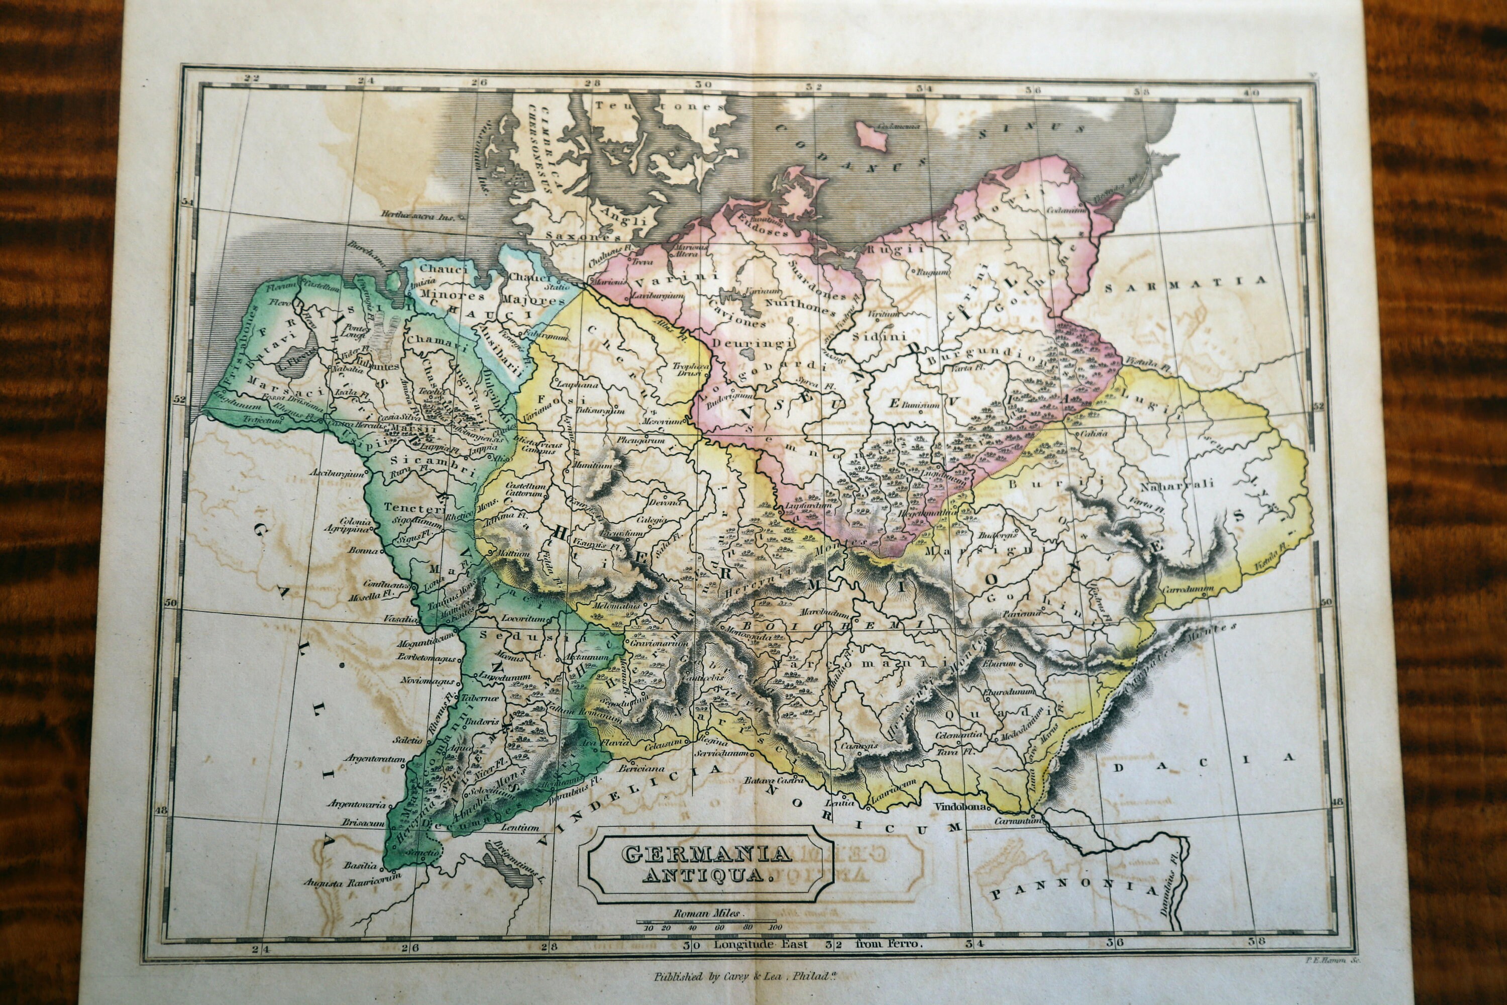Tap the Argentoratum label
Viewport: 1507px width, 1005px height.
point(375,758)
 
